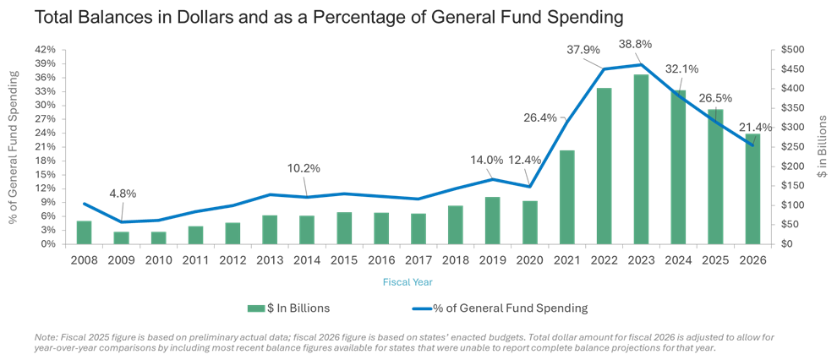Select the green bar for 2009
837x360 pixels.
(x=121, y=237)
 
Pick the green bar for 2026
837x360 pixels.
(x=753, y=188)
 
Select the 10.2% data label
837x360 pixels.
(x=304, y=168)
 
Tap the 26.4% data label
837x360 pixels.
(x=542, y=117)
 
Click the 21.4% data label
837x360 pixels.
(x=754, y=127)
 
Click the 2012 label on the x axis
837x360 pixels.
(x=232, y=259)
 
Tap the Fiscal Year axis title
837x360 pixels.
(x=408, y=280)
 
